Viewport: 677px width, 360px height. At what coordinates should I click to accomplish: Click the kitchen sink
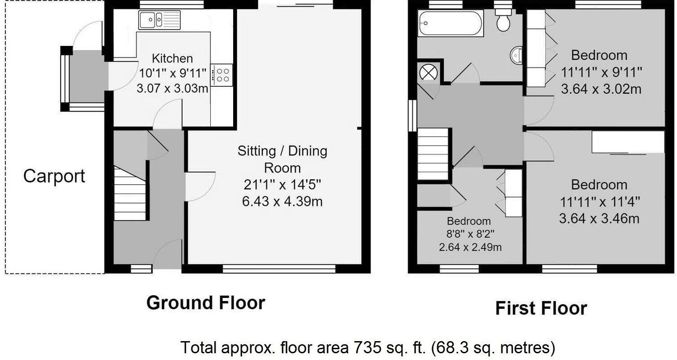coord(159,20)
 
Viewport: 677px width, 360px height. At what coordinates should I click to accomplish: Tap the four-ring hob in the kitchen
coord(221,75)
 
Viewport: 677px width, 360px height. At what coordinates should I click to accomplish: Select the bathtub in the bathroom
coord(450,23)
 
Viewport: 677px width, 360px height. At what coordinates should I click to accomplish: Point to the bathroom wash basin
coord(517,55)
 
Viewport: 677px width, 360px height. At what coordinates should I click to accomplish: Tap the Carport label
coord(54,176)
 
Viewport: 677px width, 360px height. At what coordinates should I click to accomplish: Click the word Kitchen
coord(172,58)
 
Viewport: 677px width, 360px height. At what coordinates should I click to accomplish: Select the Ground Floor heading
coord(206,303)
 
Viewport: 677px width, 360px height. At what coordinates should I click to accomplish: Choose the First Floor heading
coord(541,309)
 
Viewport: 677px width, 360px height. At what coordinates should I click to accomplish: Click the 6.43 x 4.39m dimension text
coord(282,201)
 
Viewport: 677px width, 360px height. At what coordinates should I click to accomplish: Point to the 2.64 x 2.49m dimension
coord(470,247)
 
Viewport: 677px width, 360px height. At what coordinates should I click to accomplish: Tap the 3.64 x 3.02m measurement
coord(601,89)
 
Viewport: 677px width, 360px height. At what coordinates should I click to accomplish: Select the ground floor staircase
coord(130,193)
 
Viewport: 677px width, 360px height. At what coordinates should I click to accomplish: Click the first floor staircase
coord(434,154)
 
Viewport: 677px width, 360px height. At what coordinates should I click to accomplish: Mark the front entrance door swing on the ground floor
coord(168,254)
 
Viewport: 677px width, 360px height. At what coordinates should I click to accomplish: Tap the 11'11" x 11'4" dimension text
coord(599,202)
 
